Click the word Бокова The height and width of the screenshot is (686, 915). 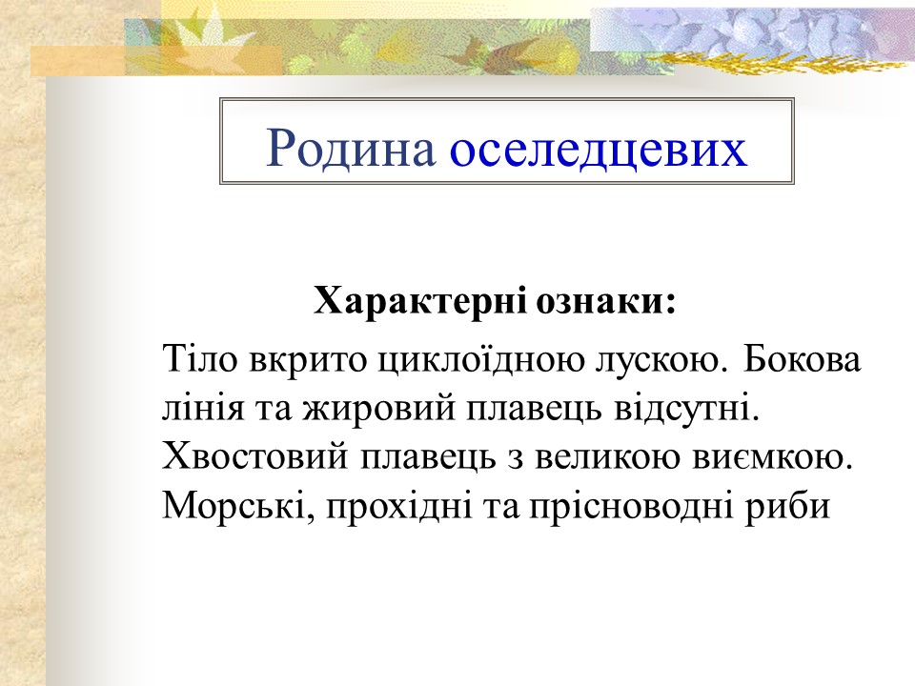click(x=802, y=360)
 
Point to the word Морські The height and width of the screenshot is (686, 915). click(x=237, y=507)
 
